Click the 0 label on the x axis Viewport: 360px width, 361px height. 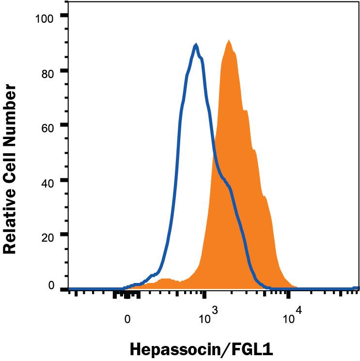(x=127, y=319)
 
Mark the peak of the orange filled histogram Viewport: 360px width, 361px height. (x=229, y=41)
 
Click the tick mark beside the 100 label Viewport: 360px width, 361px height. (x=63, y=16)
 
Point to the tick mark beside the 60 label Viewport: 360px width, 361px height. (x=63, y=126)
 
